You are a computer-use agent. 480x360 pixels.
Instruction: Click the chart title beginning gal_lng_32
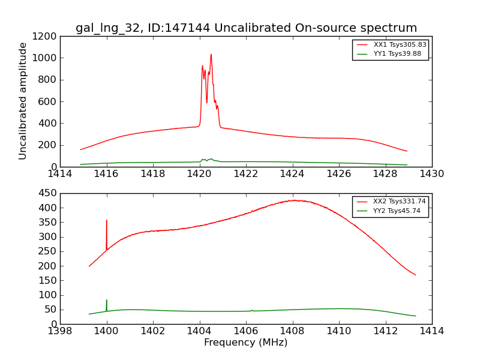246,28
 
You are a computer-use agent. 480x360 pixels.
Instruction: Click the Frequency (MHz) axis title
246,343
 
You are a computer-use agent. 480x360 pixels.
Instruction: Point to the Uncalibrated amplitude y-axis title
23,101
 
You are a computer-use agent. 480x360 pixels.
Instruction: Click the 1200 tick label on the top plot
46,37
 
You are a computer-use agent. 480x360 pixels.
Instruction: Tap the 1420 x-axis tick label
199,174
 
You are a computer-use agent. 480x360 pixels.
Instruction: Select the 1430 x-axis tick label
432,174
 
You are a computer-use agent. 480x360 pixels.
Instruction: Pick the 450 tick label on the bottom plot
48,193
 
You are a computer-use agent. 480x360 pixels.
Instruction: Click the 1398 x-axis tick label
60,331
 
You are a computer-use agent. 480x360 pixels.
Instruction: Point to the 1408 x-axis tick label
292,331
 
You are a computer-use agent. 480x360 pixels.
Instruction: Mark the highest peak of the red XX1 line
211,55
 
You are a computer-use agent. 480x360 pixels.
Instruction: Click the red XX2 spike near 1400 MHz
107,221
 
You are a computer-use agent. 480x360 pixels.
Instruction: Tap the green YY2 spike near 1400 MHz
107,300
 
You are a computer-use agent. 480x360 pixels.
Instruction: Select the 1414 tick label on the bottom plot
432,331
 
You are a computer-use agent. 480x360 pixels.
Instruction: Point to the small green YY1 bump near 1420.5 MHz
211,159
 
